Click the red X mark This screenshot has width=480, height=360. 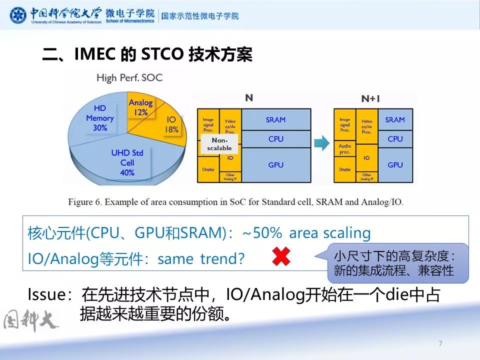point(281,257)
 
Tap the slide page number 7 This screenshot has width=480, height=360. point(440,343)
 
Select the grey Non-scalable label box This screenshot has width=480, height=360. point(219,144)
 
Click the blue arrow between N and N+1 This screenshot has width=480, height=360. point(323,143)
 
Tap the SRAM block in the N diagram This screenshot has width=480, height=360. point(275,119)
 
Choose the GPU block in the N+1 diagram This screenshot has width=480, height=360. point(395,164)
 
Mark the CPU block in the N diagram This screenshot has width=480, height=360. point(275,138)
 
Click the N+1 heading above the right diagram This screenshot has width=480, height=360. point(370,98)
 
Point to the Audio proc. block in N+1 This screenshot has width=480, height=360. point(345,149)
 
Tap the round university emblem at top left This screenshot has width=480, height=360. point(18,15)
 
